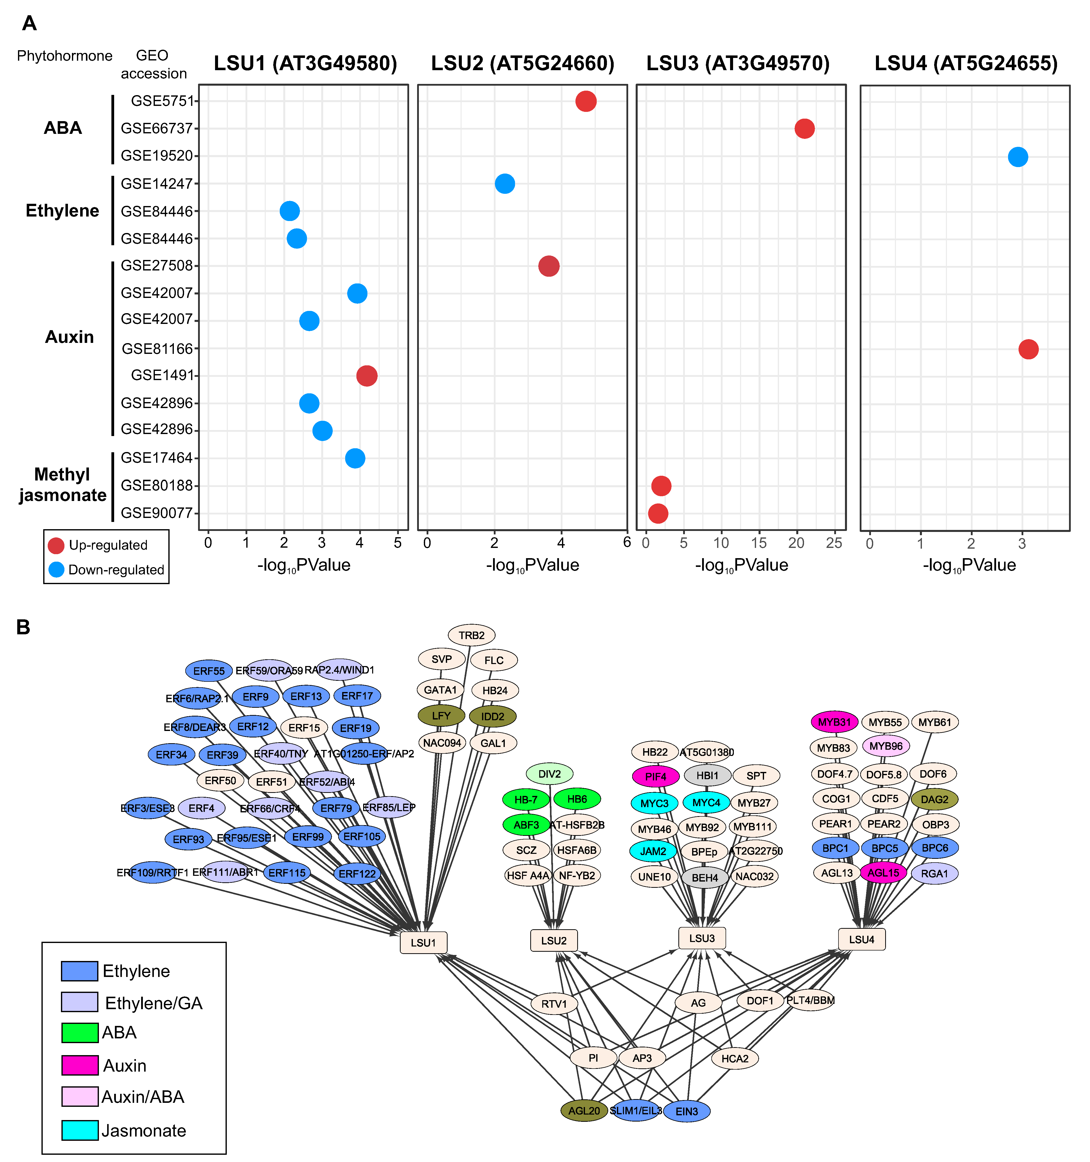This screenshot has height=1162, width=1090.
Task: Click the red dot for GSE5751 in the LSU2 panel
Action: [586, 101]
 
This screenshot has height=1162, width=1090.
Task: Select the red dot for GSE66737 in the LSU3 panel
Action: [804, 129]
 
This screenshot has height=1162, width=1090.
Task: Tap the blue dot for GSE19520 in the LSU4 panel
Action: [1018, 157]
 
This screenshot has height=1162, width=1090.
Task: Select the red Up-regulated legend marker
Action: [56, 545]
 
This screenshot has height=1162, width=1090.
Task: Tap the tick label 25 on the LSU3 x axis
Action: [834, 543]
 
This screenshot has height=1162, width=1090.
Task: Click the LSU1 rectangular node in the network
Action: [423, 942]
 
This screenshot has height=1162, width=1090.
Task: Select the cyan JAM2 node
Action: [653, 851]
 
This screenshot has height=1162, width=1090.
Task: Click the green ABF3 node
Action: [526, 825]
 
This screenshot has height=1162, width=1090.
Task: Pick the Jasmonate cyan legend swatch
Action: [79, 1131]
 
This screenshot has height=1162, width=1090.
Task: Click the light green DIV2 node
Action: [549, 774]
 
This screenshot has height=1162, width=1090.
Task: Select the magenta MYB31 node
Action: [834, 722]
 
